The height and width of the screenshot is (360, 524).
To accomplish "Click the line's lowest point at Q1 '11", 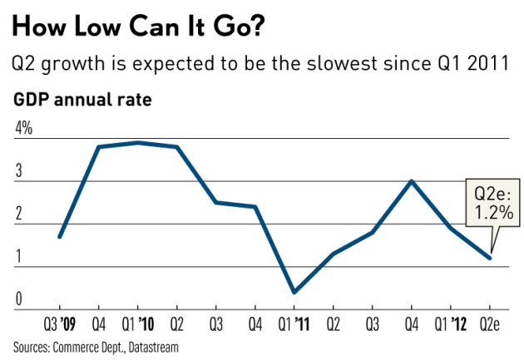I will [x=294, y=293].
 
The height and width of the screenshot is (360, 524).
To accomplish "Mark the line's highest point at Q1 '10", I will [x=138, y=142].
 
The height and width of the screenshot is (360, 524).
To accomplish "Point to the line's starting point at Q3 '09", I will [x=60, y=237].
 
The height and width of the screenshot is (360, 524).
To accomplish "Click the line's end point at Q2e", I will [x=490, y=258].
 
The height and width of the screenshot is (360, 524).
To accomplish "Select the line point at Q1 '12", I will [x=451, y=228].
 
